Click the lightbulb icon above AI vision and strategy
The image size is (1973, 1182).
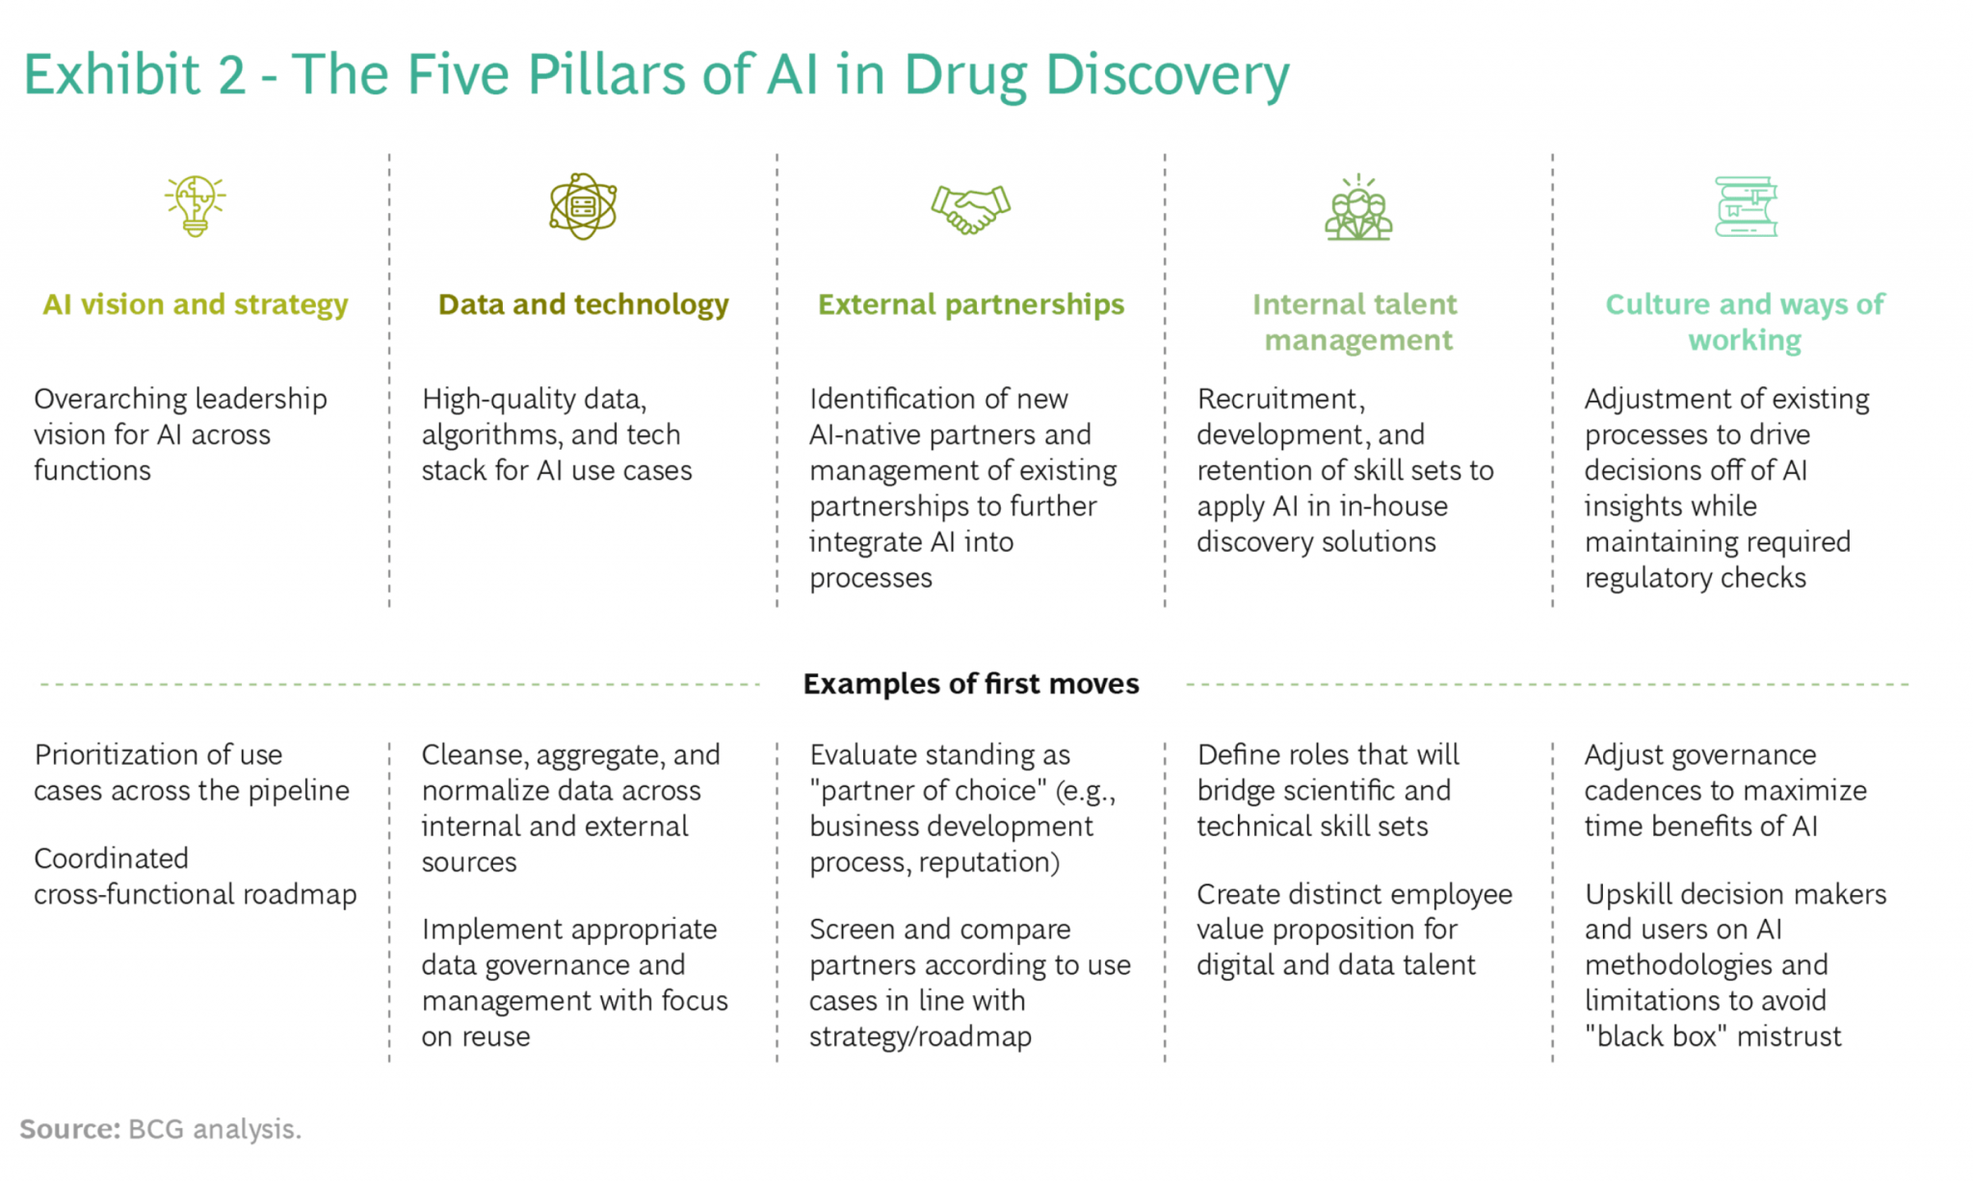coord(195,206)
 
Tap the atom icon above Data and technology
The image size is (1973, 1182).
coord(583,206)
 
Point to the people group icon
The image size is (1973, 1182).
coord(1358,207)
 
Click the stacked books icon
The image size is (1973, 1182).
coord(1746,206)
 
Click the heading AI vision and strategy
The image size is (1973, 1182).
coord(196,304)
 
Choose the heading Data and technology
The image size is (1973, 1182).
coord(583,304)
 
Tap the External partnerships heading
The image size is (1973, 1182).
coord(971,304)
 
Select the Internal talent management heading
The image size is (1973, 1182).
coord(1356,322)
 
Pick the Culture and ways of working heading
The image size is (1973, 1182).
coord(1745,322)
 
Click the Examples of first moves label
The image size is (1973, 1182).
coord(971,684)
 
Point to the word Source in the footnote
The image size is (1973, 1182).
coord(69,1129)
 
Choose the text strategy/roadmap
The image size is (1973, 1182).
coord(920,1037)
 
